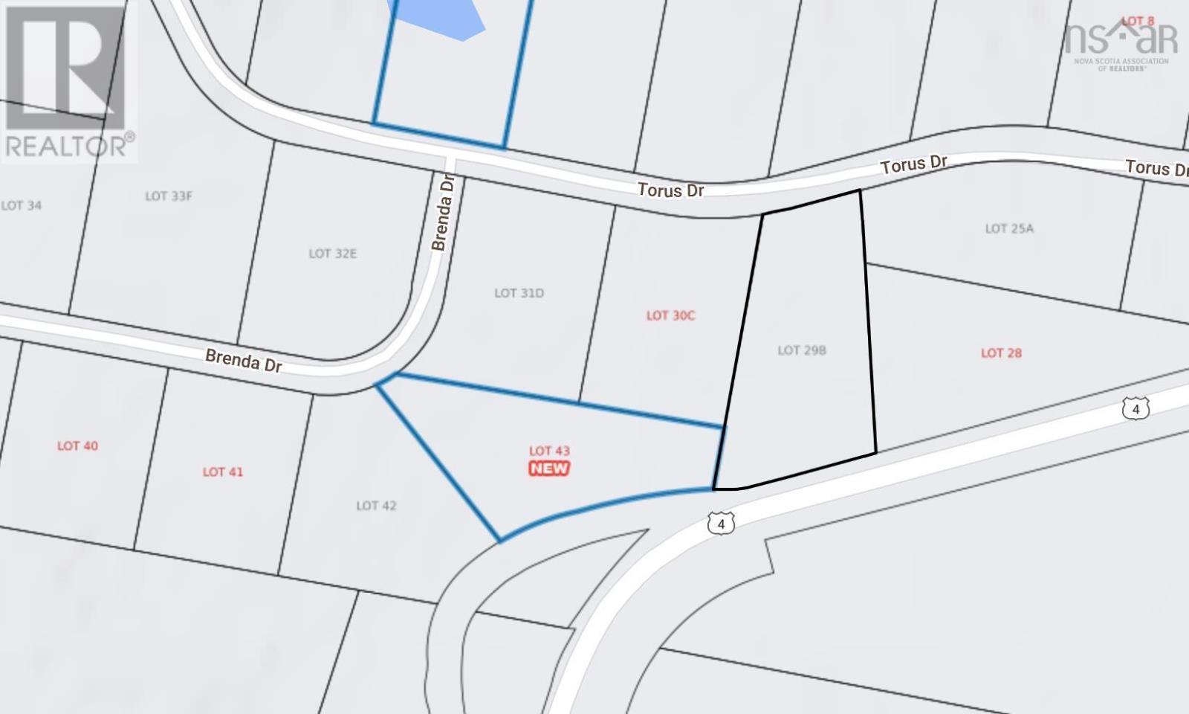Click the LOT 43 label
[549, 451]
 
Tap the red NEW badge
[549, 469]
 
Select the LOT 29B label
[802, 350]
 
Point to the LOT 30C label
[670, 315]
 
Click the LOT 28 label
[1001, 353]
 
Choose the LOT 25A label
[1009, 228]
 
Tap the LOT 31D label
[519, 293]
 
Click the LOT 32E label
[332, 254]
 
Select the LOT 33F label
[169, 196]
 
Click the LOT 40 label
[77, 446]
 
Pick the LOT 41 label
[223, 472]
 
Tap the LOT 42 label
[376, 506]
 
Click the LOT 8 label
[1138, 21]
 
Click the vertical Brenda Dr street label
[442, 213]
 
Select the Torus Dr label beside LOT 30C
[670, 190]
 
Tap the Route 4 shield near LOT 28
[1135, 408]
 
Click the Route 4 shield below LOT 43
[721, 524]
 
